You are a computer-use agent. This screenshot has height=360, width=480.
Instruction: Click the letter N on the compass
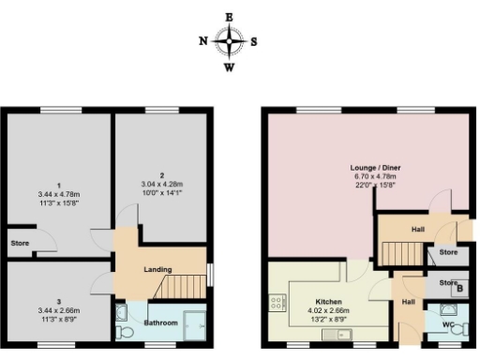pyautogui.click(x=203, y=41)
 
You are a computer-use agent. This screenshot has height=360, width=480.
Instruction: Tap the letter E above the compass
pyautogui.click(x=230, y=17)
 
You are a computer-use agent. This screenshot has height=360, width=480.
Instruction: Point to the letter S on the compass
pyautogui.click(x=254, y=41)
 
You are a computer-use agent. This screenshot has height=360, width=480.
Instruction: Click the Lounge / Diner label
pyautogui.click(x=373, y=167)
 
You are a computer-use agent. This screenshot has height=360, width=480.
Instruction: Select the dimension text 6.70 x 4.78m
pyautogui.click(x=373, y=176)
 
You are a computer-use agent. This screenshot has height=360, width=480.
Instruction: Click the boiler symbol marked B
pyautogui.click(x=457, y=288)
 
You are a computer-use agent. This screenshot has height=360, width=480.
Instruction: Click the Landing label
pyautogui.click(x=157, y=270)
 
